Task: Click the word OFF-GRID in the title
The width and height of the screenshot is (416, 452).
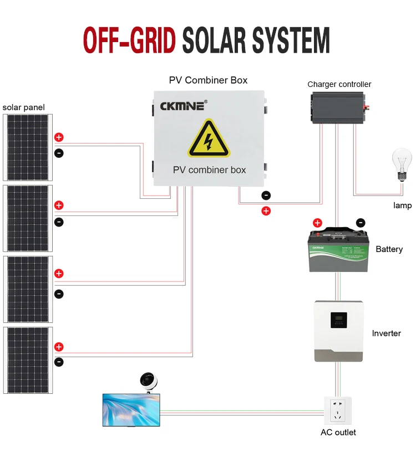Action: click(x=129, y=40)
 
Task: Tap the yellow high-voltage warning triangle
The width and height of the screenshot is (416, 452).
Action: click(x=208, y=139)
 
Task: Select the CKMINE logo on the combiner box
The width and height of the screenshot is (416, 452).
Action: click(x=183, y=105)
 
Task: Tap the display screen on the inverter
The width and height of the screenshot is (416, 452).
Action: click(x=338, y=320)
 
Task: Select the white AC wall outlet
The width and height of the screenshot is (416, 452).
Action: click(x=338, y=409)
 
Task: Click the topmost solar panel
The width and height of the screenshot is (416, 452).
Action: click(x=27, y=147)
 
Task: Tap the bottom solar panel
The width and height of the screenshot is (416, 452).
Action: click(x=27, y=360)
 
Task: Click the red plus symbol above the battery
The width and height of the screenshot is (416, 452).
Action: click(x=317, y=223)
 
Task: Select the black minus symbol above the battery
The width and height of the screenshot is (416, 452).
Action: click(x=360, y=223)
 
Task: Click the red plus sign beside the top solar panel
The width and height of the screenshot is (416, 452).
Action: click(x=59, y=137)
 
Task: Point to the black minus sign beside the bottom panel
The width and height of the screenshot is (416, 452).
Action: click(x=59, y=362)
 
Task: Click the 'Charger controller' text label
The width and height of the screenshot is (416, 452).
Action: click(x=339, y=84)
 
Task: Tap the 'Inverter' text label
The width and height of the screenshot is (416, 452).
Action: click(x=386, y=333)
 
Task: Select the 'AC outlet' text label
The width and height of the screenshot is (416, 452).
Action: click(x=338, y=432)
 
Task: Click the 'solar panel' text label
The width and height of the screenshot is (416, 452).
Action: click(x=23, y=107)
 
